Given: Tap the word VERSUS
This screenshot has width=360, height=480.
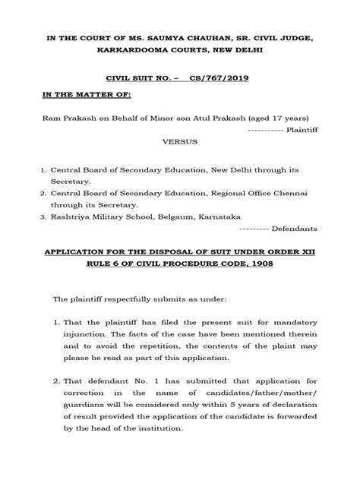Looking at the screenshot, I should click(x=181, y=141).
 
